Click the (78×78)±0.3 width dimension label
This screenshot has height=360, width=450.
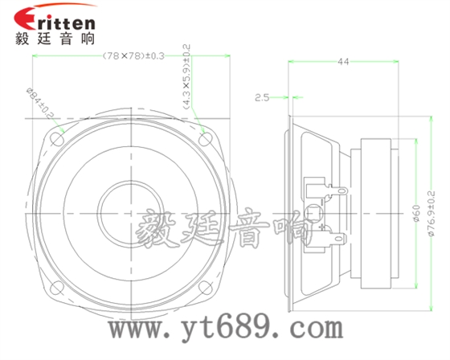point(133,55)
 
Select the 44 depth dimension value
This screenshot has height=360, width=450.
point(343,62)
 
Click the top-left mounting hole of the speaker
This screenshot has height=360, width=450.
point(57,137)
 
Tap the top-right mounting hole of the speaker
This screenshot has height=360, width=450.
point(204,137)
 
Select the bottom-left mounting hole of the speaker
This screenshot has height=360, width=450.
point(57,285)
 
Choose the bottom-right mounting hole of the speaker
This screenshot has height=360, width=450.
point(204,285)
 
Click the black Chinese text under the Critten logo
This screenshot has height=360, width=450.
point(55,39)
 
